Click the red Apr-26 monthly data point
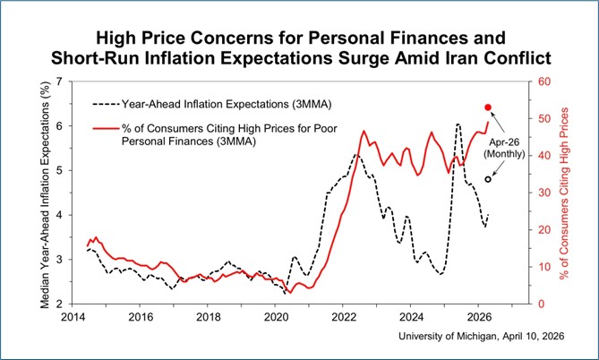[488, 107]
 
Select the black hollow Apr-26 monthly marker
[488, 179]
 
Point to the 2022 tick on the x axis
[344, 317]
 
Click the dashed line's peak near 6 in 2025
[458, 124]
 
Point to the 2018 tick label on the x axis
[208, 317]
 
